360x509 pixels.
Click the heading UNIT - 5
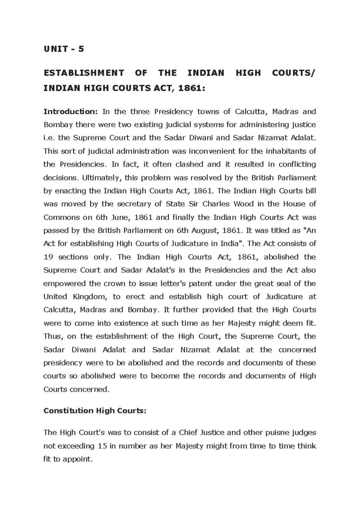coord(64,49)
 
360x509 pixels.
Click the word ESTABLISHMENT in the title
coord(84,73)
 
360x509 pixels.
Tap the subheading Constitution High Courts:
coord(95,411)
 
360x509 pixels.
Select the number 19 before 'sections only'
coord(48,257)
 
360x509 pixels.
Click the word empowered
coord(63,284)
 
